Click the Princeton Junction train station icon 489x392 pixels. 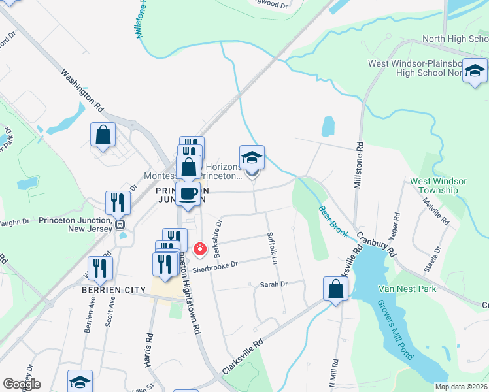point(120,224)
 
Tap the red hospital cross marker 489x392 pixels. point(200,248)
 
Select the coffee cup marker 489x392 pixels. point(188,194)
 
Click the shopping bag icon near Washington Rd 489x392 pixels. point(103,135)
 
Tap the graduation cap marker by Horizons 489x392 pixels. point(252,158)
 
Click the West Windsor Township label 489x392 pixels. point(438,186)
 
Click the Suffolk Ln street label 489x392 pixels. point(273,244)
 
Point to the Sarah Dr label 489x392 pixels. point(274,284)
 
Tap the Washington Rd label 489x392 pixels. point(83,89)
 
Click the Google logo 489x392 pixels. point(22,384)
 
